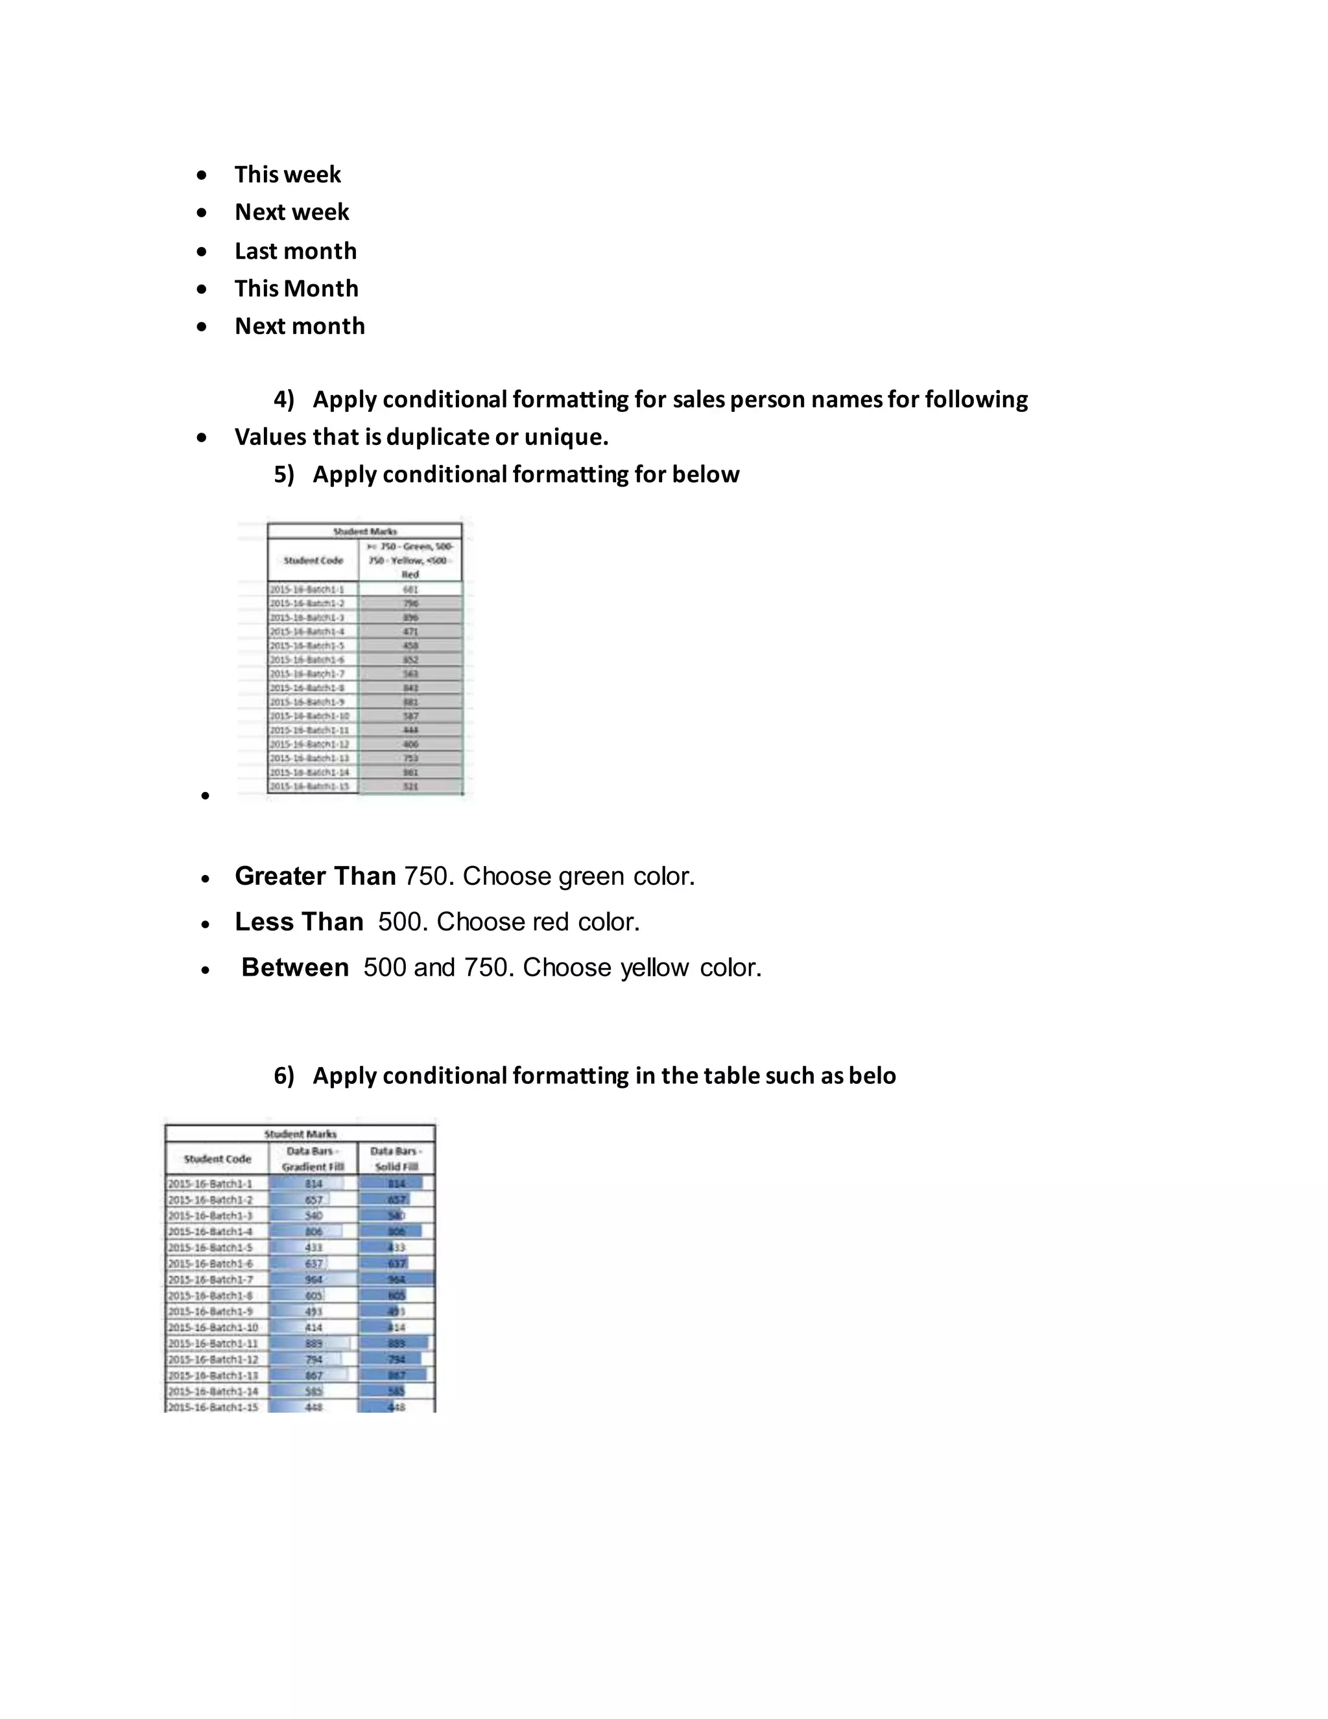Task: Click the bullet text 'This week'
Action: pyautogui.click(x=287, y=174)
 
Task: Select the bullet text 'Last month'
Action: pyautogui.click(x=295, y=251)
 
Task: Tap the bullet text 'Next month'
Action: pyautogui.click(x=299, y=326)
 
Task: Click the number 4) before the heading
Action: pyautogui.click(x=283, y=399)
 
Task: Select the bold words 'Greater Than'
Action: pyautogui.click(x=314, y=876)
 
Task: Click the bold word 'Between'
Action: pyautogui.click(x=295, y=967)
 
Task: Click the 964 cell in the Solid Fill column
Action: pyautogui.click(x=396, y=1279)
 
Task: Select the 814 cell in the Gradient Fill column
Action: pyautogui.click(x=313, y=1183)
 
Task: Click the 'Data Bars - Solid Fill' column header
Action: pyautogui.click(x=396, y=1159)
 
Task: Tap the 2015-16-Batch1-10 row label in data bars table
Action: pyautogui.click(x=213, y=1327)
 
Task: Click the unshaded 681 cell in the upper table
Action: pyautogui.click(x=410, y=589)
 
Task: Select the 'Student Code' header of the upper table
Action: pyautogui.click(x=313, y=560)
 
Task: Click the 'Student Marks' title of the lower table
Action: pyautogui.click(x=300, y=1133)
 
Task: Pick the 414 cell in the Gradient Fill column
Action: pyautogui.click(x=313, y=1327)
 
